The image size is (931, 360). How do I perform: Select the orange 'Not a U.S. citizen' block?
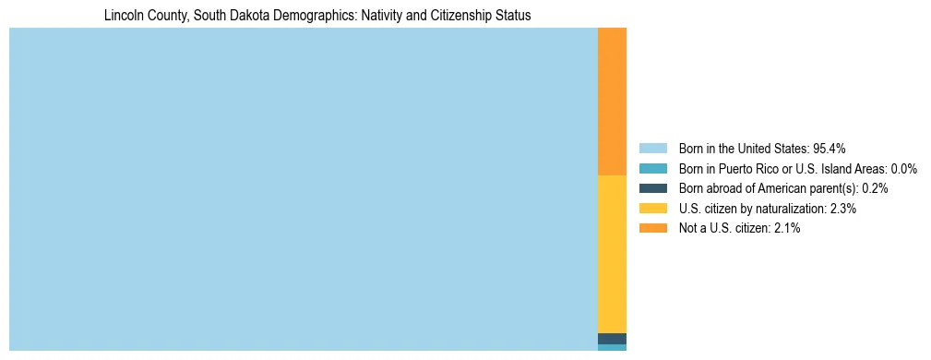coord(612,102)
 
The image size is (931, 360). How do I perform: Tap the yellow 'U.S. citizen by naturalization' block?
coord(612,254)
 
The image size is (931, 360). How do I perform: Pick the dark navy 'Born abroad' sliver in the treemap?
coord(612,339)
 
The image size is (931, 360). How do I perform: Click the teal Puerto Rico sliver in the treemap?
coord(612,348)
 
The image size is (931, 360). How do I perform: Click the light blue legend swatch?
coord(652,149)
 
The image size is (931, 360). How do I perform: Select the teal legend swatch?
coord(652,169)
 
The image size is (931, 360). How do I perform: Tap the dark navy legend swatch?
coord(652,188)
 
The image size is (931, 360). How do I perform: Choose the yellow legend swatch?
coord(652,209)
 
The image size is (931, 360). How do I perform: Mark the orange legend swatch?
coord(652,229)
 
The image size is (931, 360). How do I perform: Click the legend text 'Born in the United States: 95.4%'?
coord(762,149)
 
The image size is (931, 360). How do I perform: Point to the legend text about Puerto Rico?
coord(797,169)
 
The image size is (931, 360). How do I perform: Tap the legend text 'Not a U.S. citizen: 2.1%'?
coord(739,229)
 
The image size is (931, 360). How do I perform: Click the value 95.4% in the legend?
coord(830,149)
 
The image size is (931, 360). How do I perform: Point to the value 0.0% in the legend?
coord(903,169)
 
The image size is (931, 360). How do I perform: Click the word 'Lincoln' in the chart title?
coord(125,16)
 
